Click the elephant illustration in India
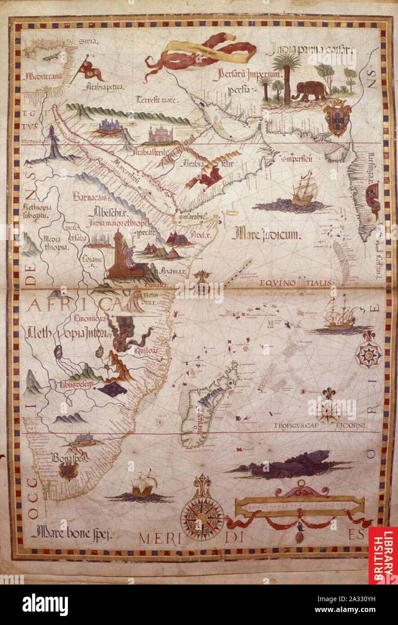tap(309, 91)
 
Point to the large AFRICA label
tap(72, 306)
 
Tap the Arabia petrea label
tap(103, 86)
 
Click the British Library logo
tap(383, 555)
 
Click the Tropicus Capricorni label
tap(318, 426)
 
